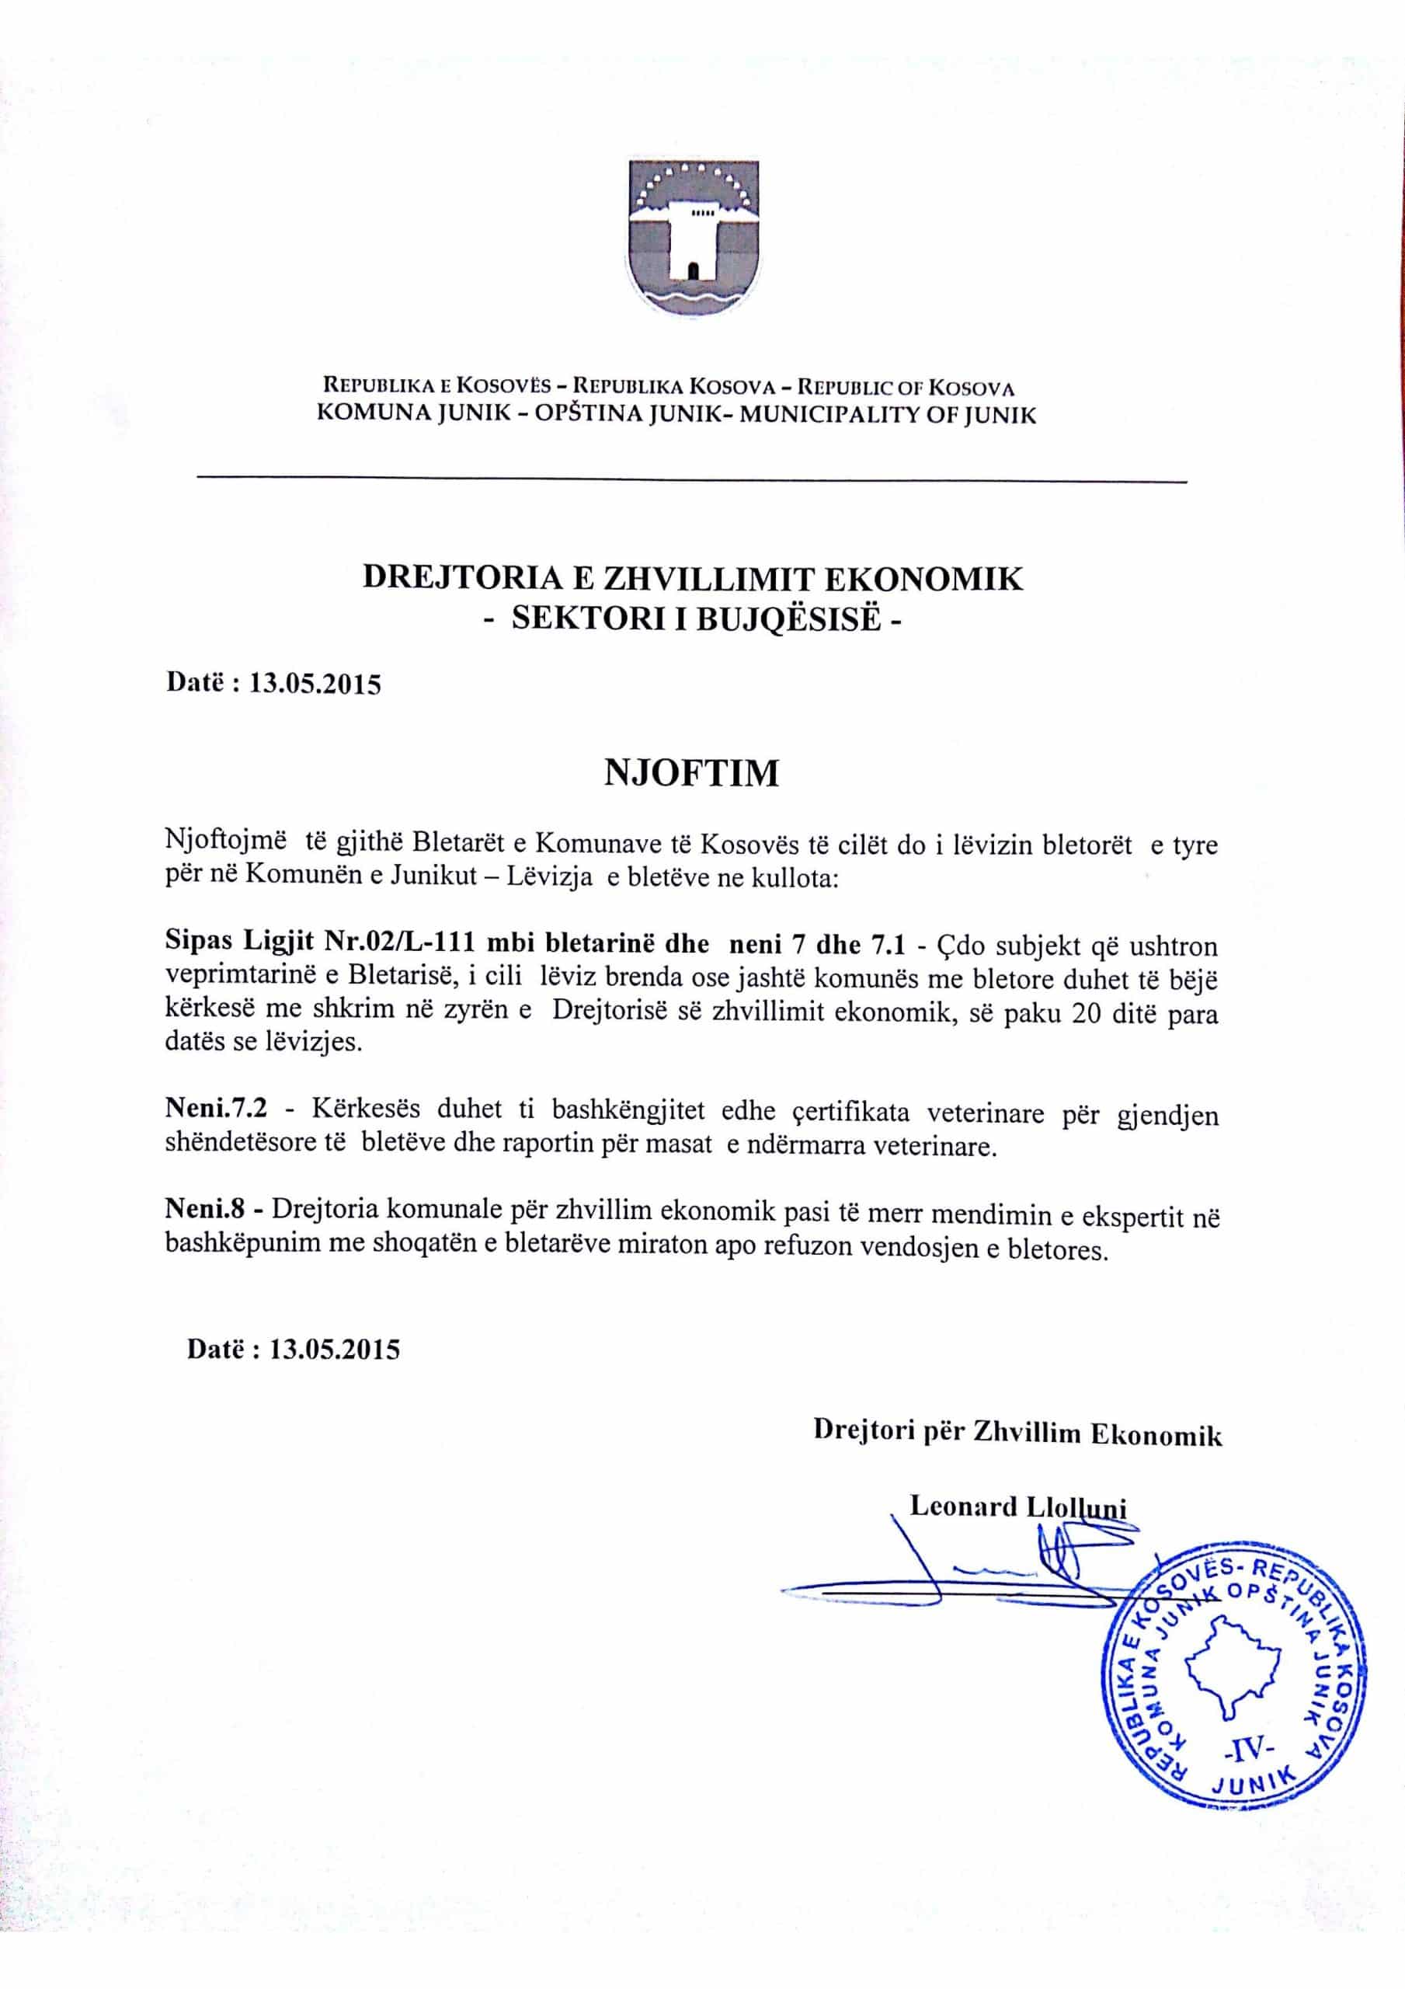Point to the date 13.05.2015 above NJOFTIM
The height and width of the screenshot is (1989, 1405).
tap(315, 684)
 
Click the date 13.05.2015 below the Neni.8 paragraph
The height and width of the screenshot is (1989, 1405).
tap(336, 1349)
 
